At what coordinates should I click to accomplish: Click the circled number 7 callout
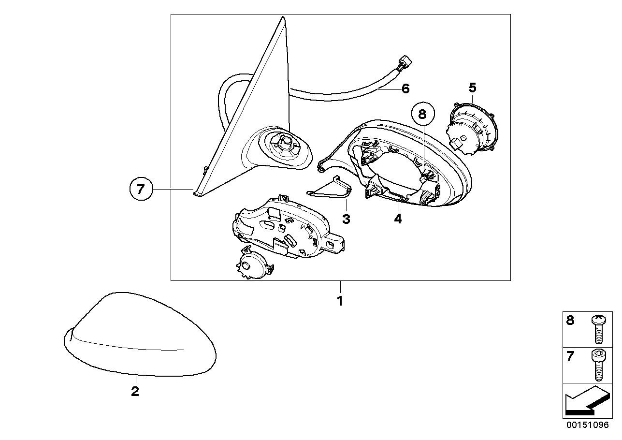141,189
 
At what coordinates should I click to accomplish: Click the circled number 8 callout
423,114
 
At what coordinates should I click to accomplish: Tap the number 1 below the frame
340,301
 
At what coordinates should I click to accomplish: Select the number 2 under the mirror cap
135,391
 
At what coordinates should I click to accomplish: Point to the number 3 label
346,220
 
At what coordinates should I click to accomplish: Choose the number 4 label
398,219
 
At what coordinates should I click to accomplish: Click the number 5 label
472,88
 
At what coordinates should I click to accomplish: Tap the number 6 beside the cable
405,88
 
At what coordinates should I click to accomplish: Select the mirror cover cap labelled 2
140,335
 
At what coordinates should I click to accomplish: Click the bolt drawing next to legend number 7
599,365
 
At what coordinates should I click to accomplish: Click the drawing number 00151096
588,425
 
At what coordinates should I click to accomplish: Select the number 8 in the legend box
570,321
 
